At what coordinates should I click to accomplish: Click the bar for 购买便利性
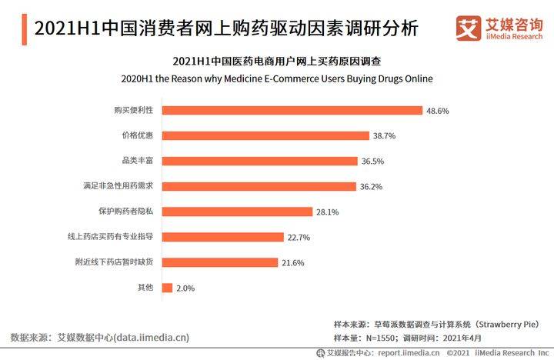coord(292,110)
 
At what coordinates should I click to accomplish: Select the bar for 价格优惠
coord(265,135)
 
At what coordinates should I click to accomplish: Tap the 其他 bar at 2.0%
coord(167,288)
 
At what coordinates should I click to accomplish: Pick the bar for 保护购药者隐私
coord(238,212)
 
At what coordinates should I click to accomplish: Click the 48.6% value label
coord(437,111)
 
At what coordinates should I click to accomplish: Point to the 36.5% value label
coord(372,162)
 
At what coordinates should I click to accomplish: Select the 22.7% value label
coord(299,238)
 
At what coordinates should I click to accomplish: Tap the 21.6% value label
coord(293,263)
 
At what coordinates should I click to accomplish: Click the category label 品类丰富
coord(138,161)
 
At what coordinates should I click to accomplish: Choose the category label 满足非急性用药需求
coord(118,186)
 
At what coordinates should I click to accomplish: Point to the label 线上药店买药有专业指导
coord(110,236)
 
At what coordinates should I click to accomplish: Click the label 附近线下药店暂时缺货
coord(114,262)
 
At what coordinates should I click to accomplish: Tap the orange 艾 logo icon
coord(468,28)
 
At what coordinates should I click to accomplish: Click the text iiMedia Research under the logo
coord(514,36)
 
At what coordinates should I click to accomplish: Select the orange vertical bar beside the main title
coord(24,29)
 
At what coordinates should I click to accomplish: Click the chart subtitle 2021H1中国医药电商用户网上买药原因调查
coord(277,61)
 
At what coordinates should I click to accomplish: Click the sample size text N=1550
coord(380,338)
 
